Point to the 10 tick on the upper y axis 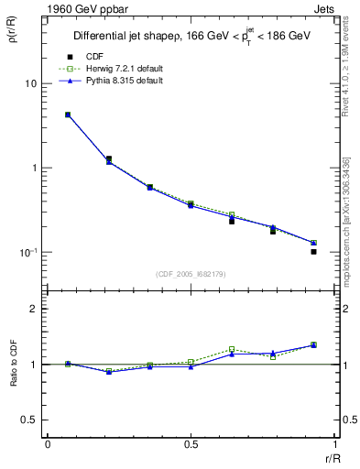(x=30, y=83)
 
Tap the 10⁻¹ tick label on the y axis (x=27, y=252)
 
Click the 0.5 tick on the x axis (x=190, y=444)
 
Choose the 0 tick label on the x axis (x=48, y=444)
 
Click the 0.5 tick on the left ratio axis (x=28, y=420)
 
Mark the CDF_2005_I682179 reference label (x=190, y=274)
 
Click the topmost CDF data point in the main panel (x=68, y=115)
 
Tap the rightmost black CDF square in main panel (x=313, y=251)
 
